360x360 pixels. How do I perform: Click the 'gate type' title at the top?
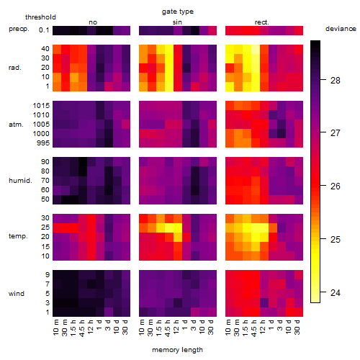(x=178, y=12)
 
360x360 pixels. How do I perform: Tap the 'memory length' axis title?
(x=178, y=350)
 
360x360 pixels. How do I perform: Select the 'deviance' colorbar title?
(x=341, y=29)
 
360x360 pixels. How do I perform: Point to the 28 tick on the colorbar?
(x=323, y=79)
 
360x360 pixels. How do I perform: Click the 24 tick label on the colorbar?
(x=336, y=292)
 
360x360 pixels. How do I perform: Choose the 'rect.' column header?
(x=262, y=22)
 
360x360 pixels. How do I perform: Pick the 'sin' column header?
(x=177, y=22)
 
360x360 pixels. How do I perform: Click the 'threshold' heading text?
(x=40, y=17)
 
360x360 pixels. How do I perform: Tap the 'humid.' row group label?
(x=20, y=181)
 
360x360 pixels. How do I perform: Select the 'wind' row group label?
(x=17, y=294)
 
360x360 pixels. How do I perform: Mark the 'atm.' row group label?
(x=16, y=125)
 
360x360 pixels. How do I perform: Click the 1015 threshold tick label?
(x=41, y=105)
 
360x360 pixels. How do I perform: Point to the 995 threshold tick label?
(x=43, y=143)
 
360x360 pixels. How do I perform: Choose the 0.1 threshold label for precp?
(x=44, y=30)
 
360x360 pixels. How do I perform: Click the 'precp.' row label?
(x=19, y=29)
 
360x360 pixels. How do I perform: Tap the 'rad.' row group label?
(x=15, y=68)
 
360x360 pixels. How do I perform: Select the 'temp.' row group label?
(x=18, y=236)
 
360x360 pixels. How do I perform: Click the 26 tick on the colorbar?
(x=323, y=186)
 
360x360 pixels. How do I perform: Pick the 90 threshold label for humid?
(x=45, y=161)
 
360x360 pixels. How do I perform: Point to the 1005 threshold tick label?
(x=41, y=124)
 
